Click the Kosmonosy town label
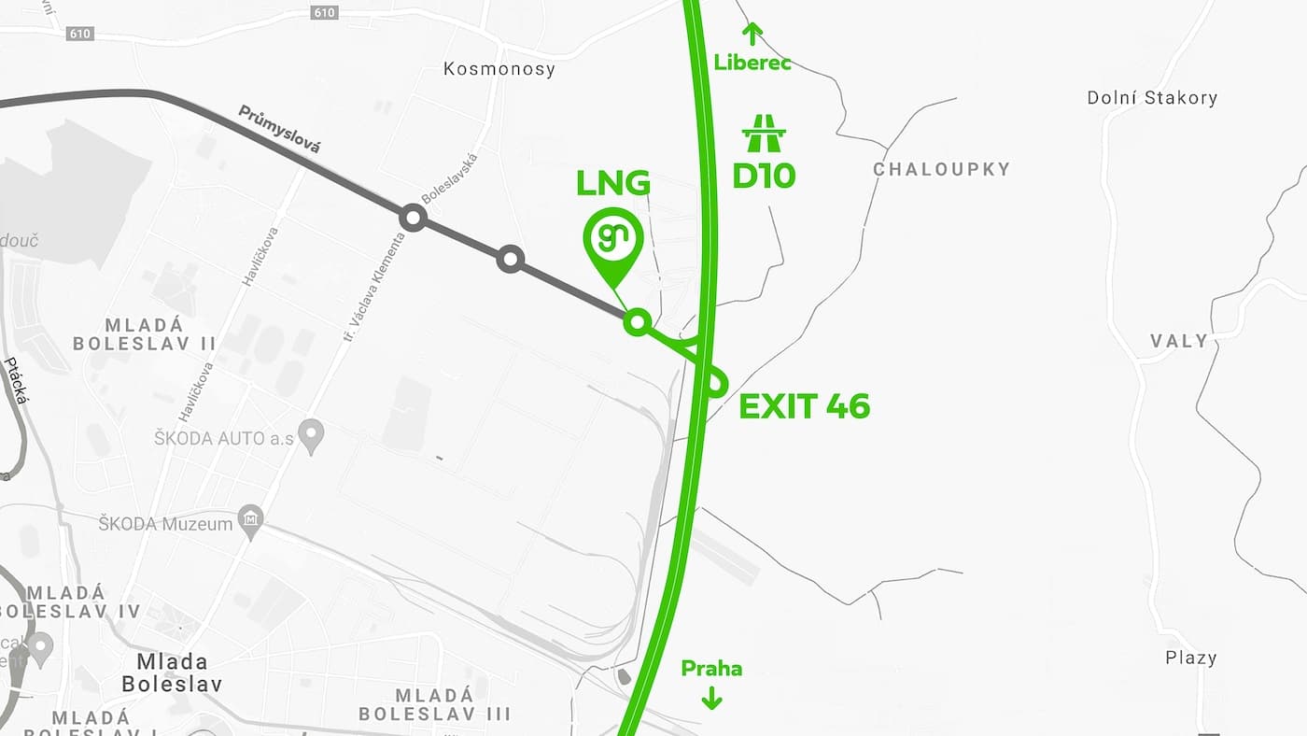point(499,69)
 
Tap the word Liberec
point(752,64)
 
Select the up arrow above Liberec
point(752,34)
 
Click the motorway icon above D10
point(764,134)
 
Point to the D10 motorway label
point(764,176)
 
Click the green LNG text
point(612,183)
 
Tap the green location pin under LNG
point(613,239)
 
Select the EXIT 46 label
point(804,406)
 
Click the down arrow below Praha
point(711,697)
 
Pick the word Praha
point(711,669)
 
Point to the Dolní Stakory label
point(1152,98)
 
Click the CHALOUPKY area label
point(941,169)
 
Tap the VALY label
point(1179,341)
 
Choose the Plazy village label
point(1191,658)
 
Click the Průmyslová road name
point(279,129)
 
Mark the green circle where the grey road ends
point(637,322)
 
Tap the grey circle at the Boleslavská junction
point(413,219)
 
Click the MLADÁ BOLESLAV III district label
point(435,705)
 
